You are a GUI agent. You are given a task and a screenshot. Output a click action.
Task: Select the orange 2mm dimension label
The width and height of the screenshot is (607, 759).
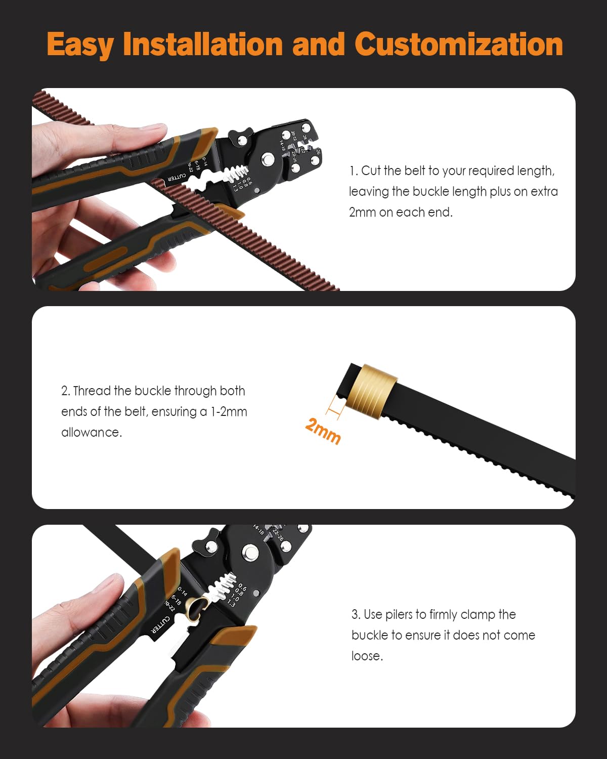pos(323,431)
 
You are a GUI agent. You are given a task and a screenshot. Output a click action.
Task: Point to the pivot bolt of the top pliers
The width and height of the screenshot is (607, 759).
pos(268,161)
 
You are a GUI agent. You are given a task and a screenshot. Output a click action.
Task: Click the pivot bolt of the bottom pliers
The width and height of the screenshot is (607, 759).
pos(249,553)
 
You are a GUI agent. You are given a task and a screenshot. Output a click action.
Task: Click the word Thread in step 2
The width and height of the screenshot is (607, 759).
pos(92,391)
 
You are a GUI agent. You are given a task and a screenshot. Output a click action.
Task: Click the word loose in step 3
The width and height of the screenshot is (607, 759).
pos(367,656)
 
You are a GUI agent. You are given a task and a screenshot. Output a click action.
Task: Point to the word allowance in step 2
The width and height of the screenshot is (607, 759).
pos(91,433)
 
